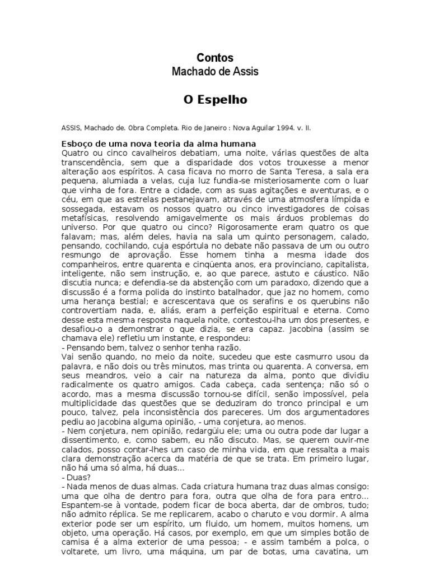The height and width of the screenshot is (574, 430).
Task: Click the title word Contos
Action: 215,58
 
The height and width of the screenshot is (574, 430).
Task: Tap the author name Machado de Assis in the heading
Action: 215,72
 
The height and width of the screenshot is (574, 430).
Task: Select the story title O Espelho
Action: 215,100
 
